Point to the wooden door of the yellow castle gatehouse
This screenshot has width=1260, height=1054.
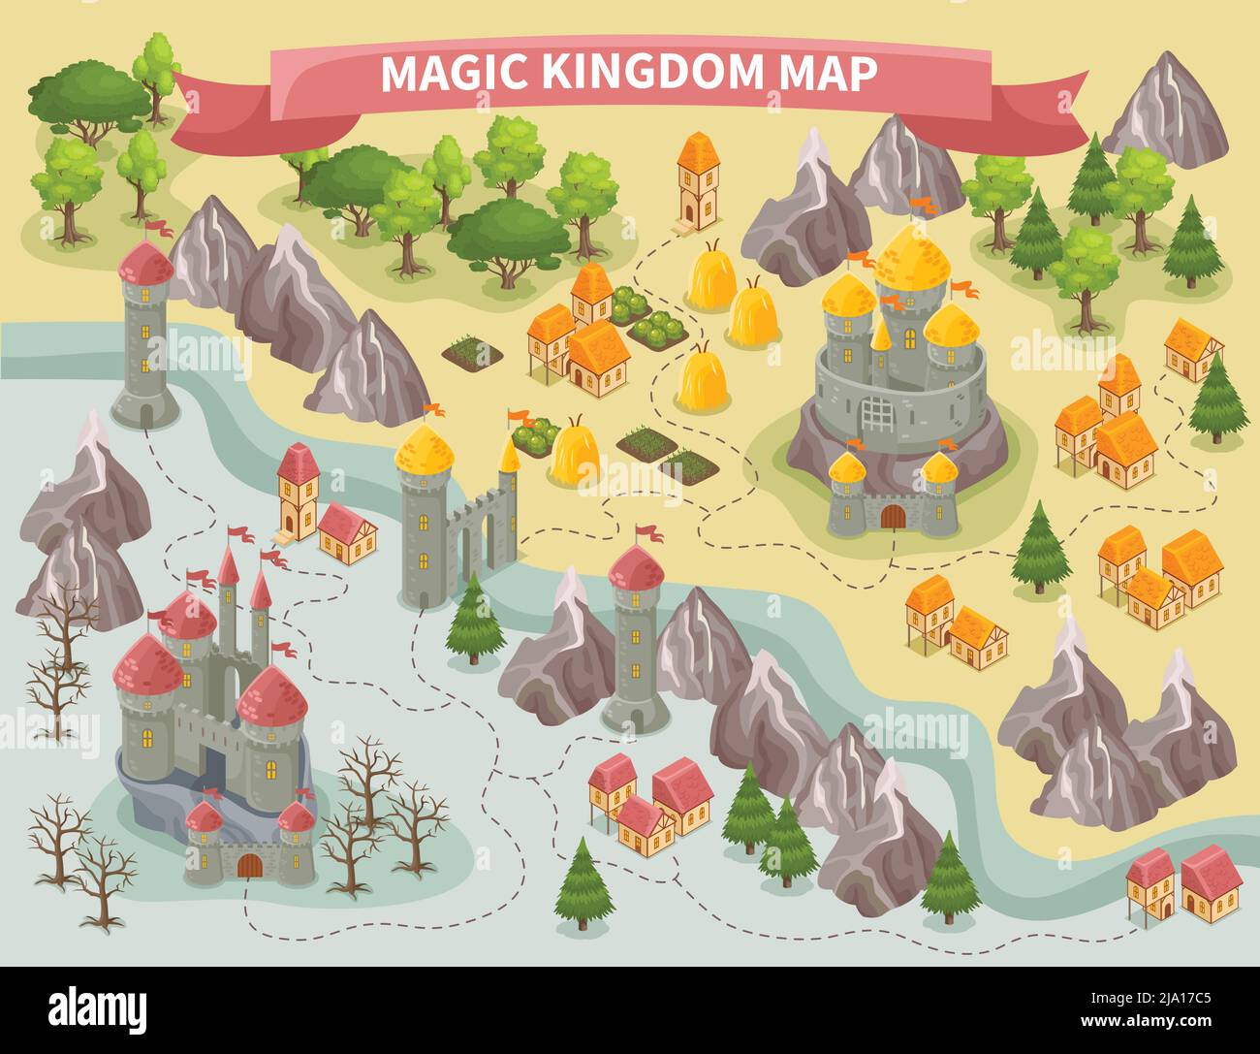pos(893,517)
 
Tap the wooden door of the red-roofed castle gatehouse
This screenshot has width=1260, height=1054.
pos(249,864)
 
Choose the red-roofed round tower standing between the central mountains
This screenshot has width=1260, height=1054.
pos(635,640)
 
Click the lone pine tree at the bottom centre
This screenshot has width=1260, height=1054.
pos(584,882)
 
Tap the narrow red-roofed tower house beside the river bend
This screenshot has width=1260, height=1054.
pos(299,491)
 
